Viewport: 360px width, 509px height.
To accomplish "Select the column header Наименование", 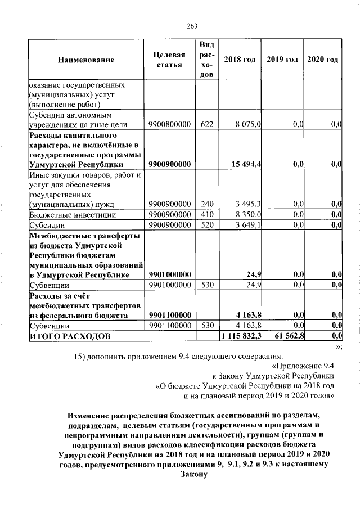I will [x=85, y=60].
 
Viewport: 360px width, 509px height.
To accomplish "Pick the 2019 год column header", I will [x=282, y=60].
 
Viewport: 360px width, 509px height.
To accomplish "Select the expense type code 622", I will [x=206, y=124].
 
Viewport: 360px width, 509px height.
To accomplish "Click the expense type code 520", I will [x=206, y=225].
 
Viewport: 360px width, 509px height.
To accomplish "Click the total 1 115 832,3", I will [x=240, y=336].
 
